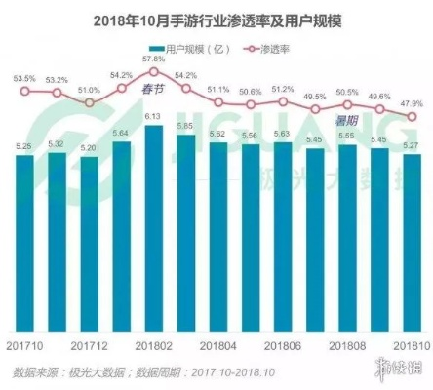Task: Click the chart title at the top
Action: [216, 19]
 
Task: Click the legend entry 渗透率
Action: [274, 47]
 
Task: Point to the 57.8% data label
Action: [153, 60]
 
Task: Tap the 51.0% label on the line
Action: [89, 89]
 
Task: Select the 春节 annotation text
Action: [154, 90]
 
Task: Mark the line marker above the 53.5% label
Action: [25, 93]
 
